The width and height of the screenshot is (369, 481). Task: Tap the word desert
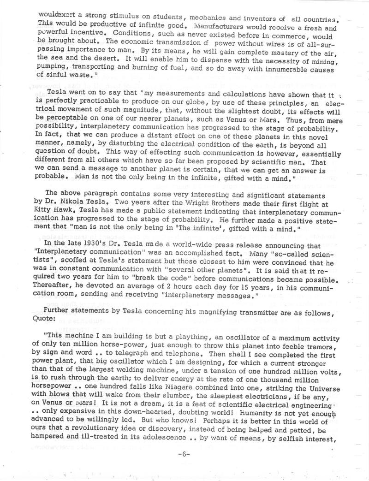click(x=93, y=57)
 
